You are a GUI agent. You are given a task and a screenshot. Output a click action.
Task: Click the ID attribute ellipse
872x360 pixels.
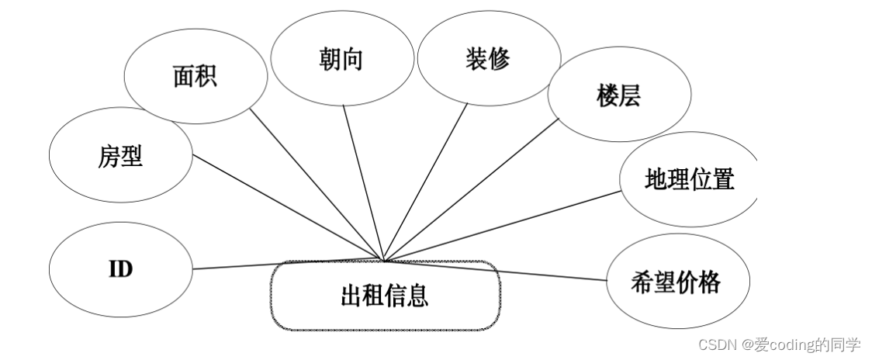click(120, 269)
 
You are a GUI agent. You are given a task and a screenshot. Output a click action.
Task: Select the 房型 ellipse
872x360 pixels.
click(120, 157)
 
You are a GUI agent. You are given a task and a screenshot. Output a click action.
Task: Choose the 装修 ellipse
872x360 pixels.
click(488, 60)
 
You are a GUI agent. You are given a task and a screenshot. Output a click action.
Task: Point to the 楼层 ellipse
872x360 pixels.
click(619, 98)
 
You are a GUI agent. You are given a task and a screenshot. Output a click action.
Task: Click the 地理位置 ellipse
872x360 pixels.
click(688, 181)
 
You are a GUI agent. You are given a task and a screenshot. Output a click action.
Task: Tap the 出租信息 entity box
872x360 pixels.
click(384, 296)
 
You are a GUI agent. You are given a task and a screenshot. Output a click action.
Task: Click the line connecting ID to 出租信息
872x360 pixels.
click(287, 264)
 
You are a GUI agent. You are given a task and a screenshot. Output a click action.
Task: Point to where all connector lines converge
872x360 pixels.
click(383, 259)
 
